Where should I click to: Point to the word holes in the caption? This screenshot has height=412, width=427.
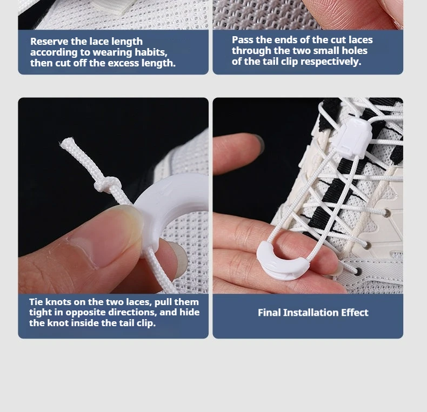pyautogui.click(x=355, y=51)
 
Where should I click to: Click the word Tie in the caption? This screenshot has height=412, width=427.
pyautogui.click(x=36, y=302)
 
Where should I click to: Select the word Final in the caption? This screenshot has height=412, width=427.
pyautogui.click(x=269, y=313)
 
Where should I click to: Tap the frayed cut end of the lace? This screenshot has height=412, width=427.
pyautogui.click(x=67, y=143)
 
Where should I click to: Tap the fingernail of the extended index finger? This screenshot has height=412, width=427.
pyautogui.click(x=259, y=143)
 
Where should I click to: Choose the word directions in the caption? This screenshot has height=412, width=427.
pyautogui.click(x=132, y=313)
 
